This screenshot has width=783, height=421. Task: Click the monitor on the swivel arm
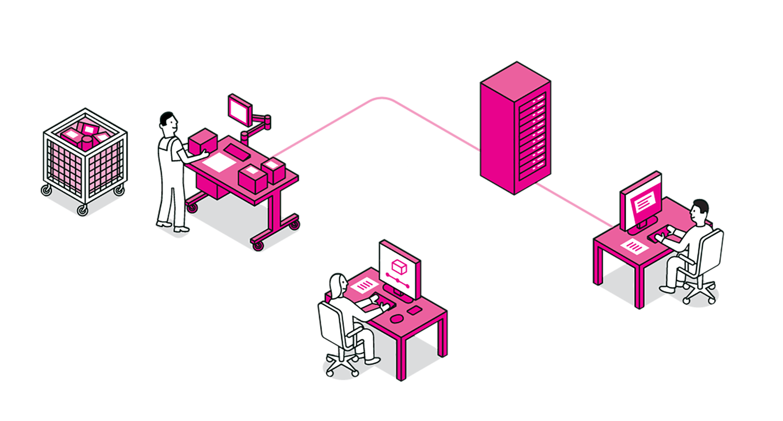click(240, 110)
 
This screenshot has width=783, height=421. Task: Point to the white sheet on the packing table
click(219, 163)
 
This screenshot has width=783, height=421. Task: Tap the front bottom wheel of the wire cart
click(82, 210)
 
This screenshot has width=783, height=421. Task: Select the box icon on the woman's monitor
click(399, 267)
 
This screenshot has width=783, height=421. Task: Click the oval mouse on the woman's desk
click(397, 318)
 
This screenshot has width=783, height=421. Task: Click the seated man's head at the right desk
click(698, 213)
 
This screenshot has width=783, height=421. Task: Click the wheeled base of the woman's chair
click(342, 366)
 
